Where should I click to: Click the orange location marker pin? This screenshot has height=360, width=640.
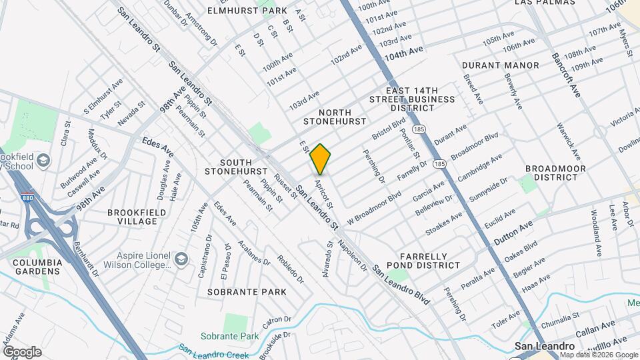(x=321, y=159)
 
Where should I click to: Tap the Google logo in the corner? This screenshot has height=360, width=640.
(x=22, y=351)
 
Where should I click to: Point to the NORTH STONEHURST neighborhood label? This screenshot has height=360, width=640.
(x=335, y=117)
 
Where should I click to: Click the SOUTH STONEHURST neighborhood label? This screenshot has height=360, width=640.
(x=237, y=167)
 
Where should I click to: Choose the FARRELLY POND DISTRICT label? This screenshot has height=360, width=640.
(x=430, y=260)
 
